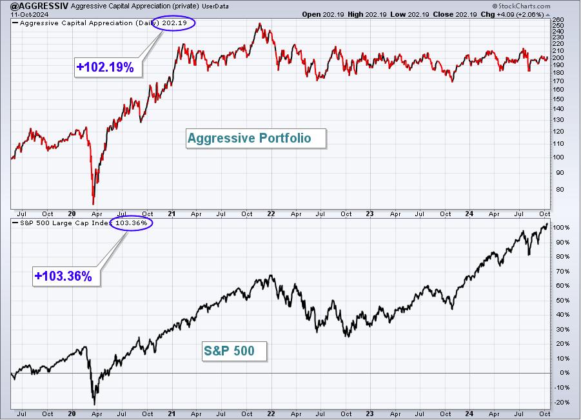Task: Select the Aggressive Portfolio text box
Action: [x=256, y=138]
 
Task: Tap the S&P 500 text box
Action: [x=235, y=351]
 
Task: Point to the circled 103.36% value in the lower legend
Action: [x=131, y=223]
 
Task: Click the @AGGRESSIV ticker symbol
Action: [x=39, y=6]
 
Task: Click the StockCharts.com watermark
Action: [x=521, y=6]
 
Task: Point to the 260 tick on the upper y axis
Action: [x=558, y=19]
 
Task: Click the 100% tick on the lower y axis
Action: [x=561, y=228]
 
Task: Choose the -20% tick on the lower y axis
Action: [x=561, y=402]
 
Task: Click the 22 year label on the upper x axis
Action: [x=271, y=214]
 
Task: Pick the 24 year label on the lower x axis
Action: [x=469, y=414]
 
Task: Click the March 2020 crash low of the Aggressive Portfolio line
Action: [x=93, y=204]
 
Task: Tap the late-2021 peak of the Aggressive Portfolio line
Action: [x=259, y=24]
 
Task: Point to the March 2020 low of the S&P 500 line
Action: [x=95, y=405]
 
